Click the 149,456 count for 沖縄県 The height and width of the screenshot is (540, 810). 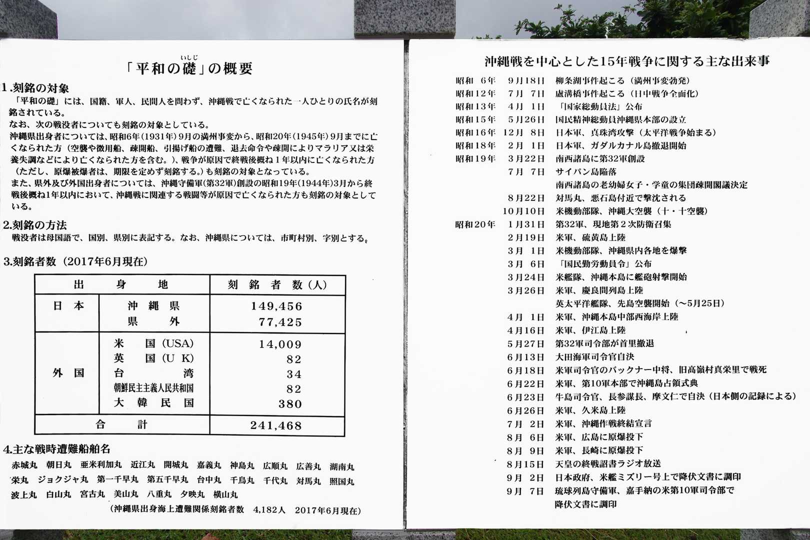point(276,306)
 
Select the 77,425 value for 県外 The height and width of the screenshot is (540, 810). point(280,322)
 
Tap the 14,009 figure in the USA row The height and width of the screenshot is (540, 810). point(280,344)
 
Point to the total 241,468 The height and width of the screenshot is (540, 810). point(276,426)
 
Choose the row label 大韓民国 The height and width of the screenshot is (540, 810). point(153,403)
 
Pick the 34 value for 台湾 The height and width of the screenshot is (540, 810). point(294,374)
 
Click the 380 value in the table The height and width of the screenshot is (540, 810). point(290,404)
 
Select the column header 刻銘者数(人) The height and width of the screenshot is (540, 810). point(277,285)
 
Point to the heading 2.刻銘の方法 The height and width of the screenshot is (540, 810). point(34,225)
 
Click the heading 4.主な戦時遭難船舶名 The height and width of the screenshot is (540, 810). point(56,449)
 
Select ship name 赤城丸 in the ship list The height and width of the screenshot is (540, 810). point(24,465)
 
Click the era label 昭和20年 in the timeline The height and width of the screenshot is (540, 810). point(475,224)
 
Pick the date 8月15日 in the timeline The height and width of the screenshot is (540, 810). point(525,464)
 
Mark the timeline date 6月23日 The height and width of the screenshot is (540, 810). point(525,397)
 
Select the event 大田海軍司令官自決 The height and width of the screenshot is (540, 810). point(594,357)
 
